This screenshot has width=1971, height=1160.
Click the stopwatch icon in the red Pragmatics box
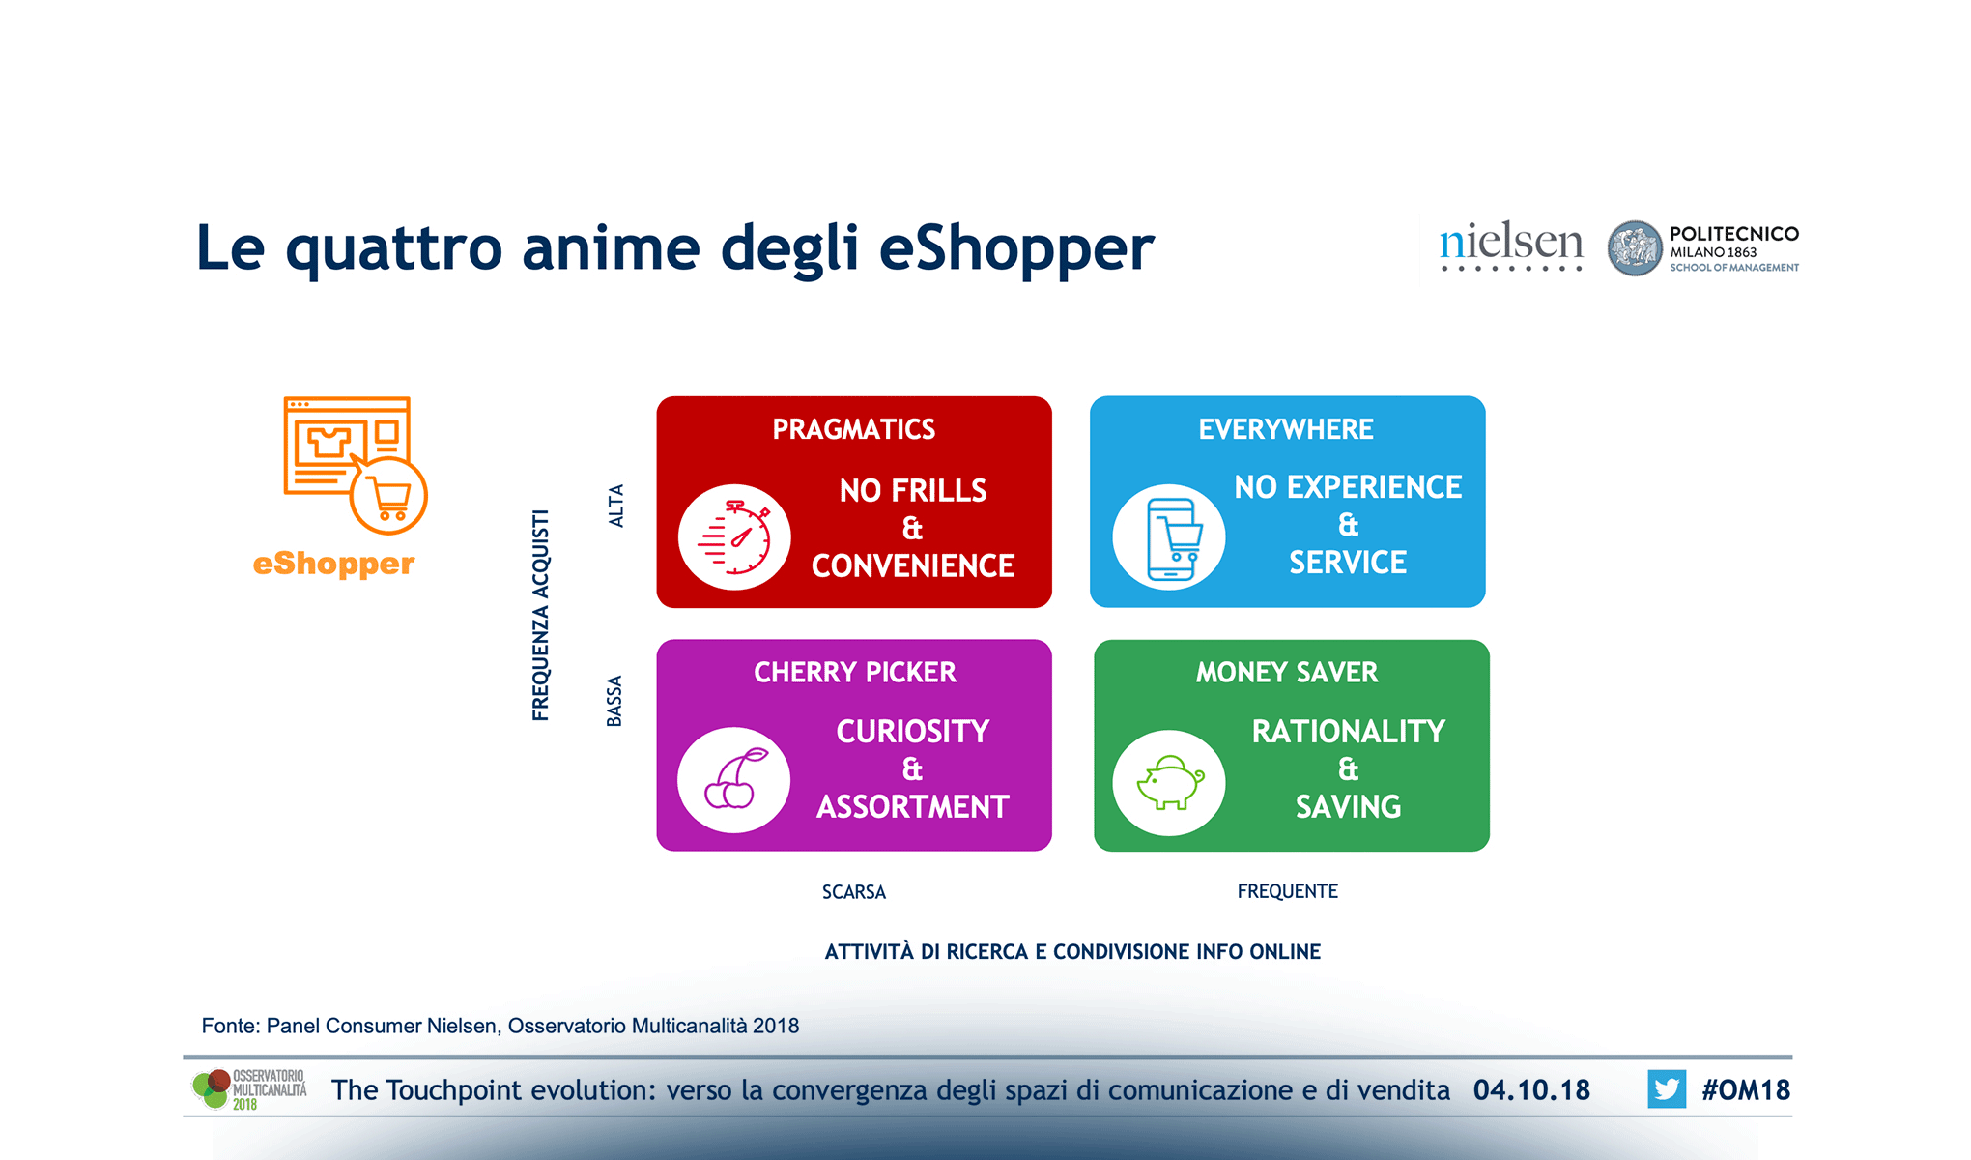coord(734,537)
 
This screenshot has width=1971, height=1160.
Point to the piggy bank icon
coord(1169,782)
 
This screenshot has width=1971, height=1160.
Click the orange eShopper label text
coord(333,564)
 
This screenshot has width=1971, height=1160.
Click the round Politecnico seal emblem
coord(1635,248)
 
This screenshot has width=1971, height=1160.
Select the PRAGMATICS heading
coord(854,429)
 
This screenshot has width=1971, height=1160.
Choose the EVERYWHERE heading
coord(1286,429)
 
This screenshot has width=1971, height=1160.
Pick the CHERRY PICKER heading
coord(855,672)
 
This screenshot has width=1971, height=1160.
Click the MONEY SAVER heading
coord(1287,672)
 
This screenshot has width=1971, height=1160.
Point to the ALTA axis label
coord(616,506)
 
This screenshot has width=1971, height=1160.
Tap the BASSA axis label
coord(614,701)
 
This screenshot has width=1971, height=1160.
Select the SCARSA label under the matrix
coord(854,892)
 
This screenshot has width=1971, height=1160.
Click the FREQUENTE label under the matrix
coord(1288,891)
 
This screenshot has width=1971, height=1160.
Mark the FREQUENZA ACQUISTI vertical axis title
coord(541,615)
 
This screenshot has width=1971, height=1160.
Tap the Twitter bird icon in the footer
coord(1667,1089)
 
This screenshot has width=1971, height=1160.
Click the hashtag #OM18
coord(1746,1090)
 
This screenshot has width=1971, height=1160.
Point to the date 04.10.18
coord(1531,1090)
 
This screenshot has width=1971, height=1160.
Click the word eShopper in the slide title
coord(1016,249)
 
